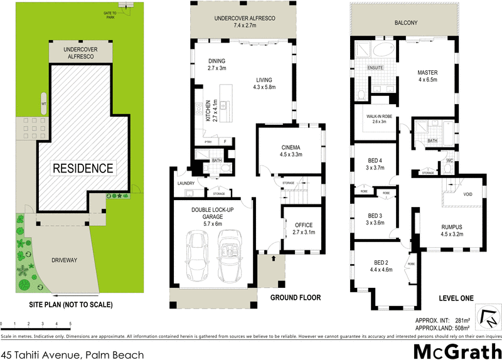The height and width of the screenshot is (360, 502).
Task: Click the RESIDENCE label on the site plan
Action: pos(83,168)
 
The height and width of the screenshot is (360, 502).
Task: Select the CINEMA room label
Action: pos(291,147)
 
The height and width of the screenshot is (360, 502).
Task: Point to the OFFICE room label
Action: pos(302,225)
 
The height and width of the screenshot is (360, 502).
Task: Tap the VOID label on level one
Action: pos(467,194)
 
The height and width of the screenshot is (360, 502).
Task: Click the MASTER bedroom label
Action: pos(427,73)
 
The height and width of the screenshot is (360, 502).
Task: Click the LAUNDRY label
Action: pos(186,184)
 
